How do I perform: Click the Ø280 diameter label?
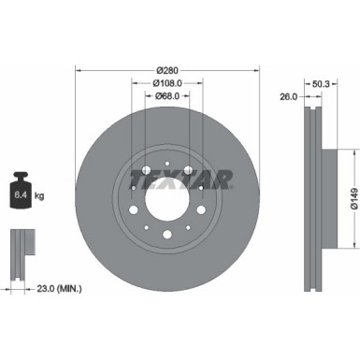click(x=166, y=70)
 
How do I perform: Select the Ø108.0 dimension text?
click(x=166, y=82)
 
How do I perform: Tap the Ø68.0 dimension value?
click(x=166, y=94)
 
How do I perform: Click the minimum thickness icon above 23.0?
click(x=22, y=249)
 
